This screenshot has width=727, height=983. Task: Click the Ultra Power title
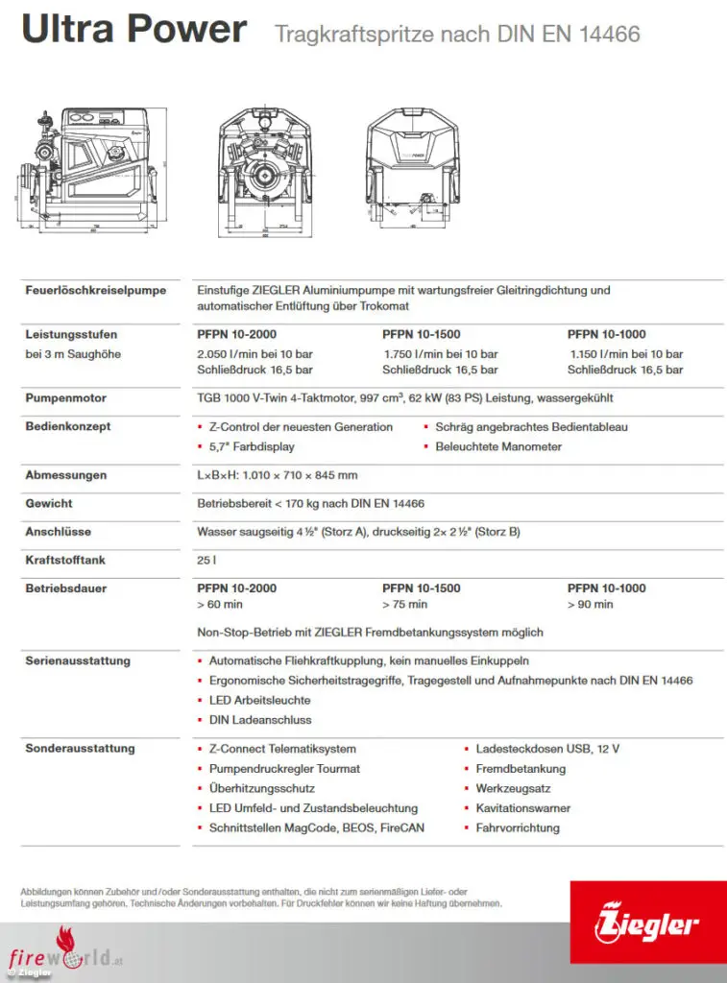[133, 30]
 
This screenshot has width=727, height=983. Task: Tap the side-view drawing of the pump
[86, 171]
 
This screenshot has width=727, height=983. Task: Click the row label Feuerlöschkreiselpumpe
[95, 290]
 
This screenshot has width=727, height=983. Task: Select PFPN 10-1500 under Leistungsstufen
[421, 335]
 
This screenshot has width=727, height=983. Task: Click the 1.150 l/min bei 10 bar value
[626, 354]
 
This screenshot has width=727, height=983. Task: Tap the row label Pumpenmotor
[65, 397]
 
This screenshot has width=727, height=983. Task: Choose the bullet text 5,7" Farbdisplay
[252, 446]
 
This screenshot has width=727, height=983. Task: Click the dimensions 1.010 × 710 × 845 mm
[278, 475]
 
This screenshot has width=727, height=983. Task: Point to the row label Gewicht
[49, 503]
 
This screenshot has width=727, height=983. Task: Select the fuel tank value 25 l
[206, 559]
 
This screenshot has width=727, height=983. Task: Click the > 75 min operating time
[404, 605]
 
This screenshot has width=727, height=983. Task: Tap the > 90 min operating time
[590, 605]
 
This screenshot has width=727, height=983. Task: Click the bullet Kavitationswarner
[524, 808]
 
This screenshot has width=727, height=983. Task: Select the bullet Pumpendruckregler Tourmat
[284, 769]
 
